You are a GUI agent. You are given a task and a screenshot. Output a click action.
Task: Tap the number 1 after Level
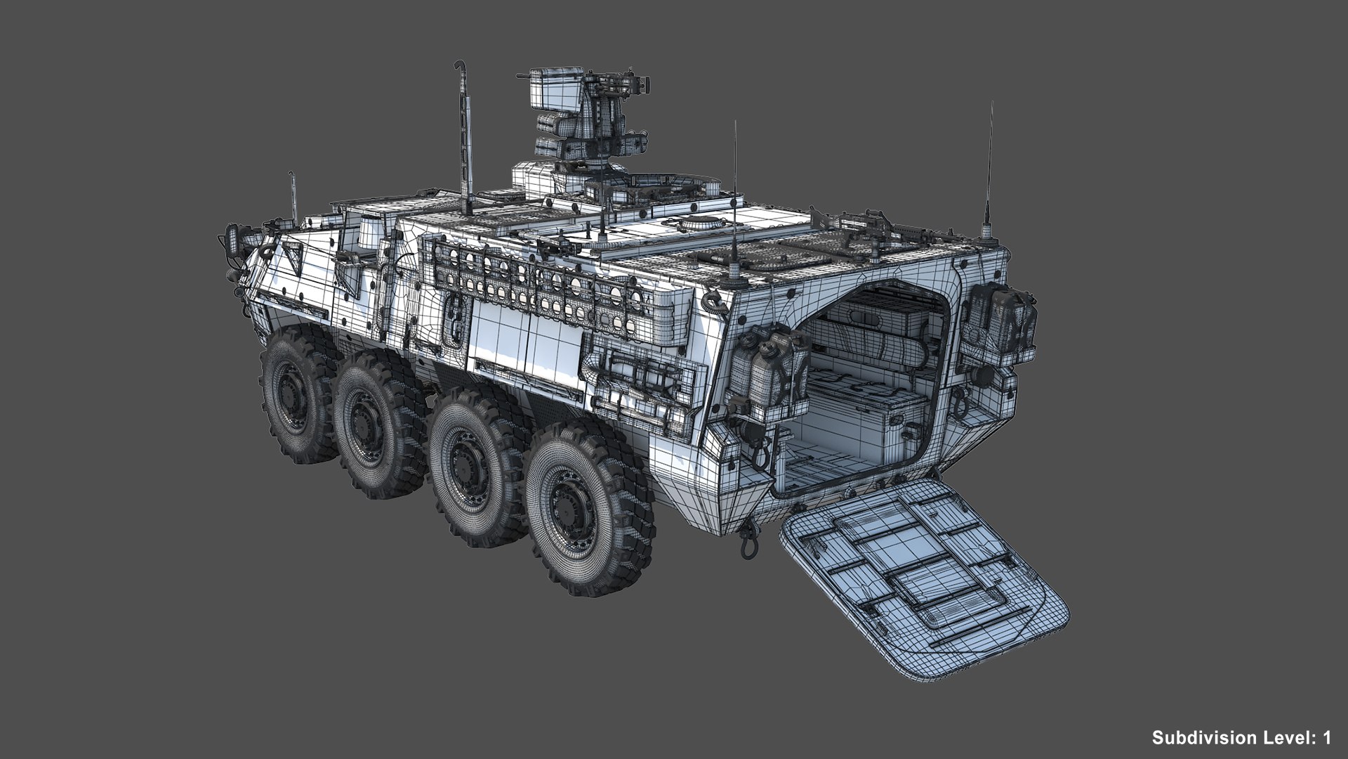tap(1326, 738)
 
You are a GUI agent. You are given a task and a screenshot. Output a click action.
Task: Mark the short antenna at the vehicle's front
tap(293, 193)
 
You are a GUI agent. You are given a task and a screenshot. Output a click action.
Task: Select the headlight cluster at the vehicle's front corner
tap(232, 239)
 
